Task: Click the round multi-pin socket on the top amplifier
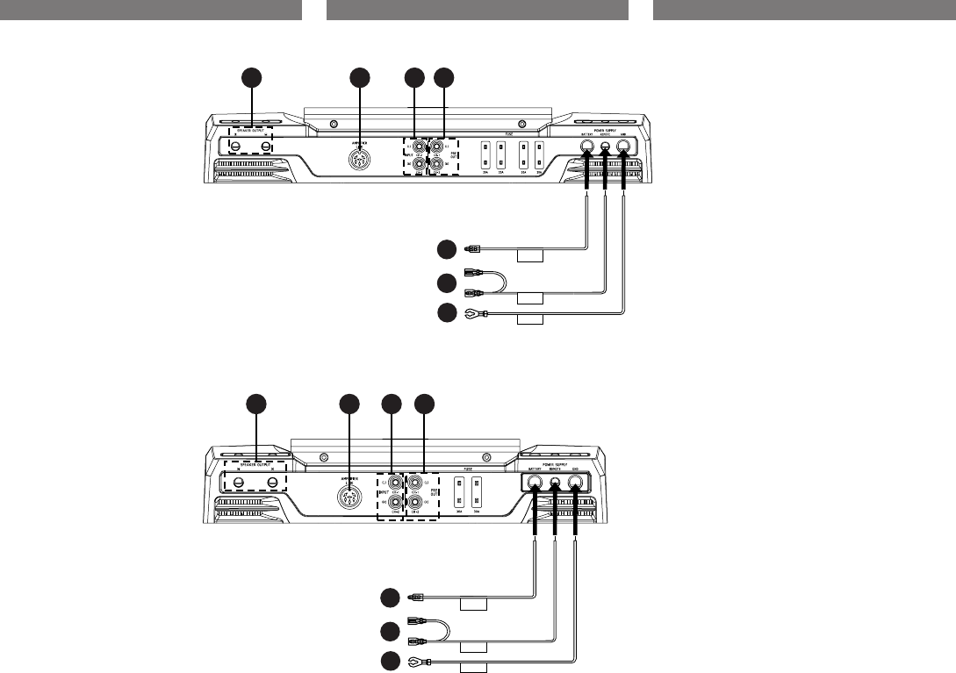(358, 161)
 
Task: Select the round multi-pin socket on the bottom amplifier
(350, 494)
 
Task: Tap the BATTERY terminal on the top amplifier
(586, 148)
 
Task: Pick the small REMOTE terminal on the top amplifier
(606, 148)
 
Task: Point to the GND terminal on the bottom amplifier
(576, 481)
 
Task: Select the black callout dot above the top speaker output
(252, 78)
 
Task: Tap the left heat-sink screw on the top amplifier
(334, 124)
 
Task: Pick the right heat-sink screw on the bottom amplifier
(486, 457)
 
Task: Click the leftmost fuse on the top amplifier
(483, 155)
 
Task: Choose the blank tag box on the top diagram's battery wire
(530, 257)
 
